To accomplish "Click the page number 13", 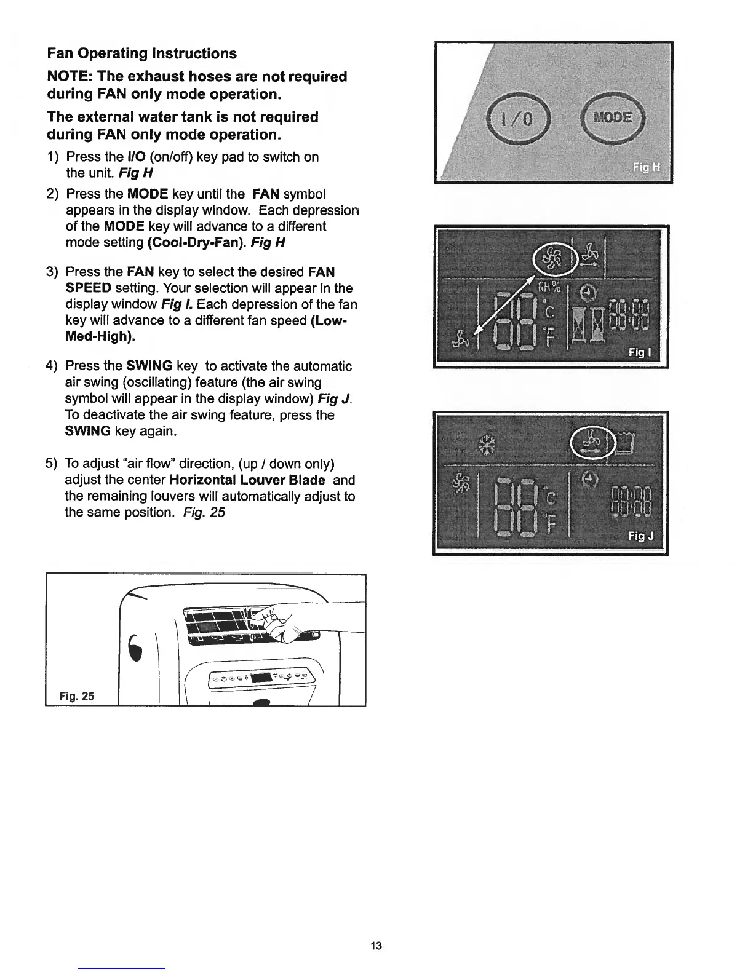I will tap(376, 945).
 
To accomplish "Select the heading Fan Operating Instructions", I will tap(142, 53).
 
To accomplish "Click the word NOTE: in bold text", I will tap(70, 77).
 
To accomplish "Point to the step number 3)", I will tap(53, 272).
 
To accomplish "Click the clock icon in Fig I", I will tap(588, 291).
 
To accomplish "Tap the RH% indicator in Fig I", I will tap(549, 288).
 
